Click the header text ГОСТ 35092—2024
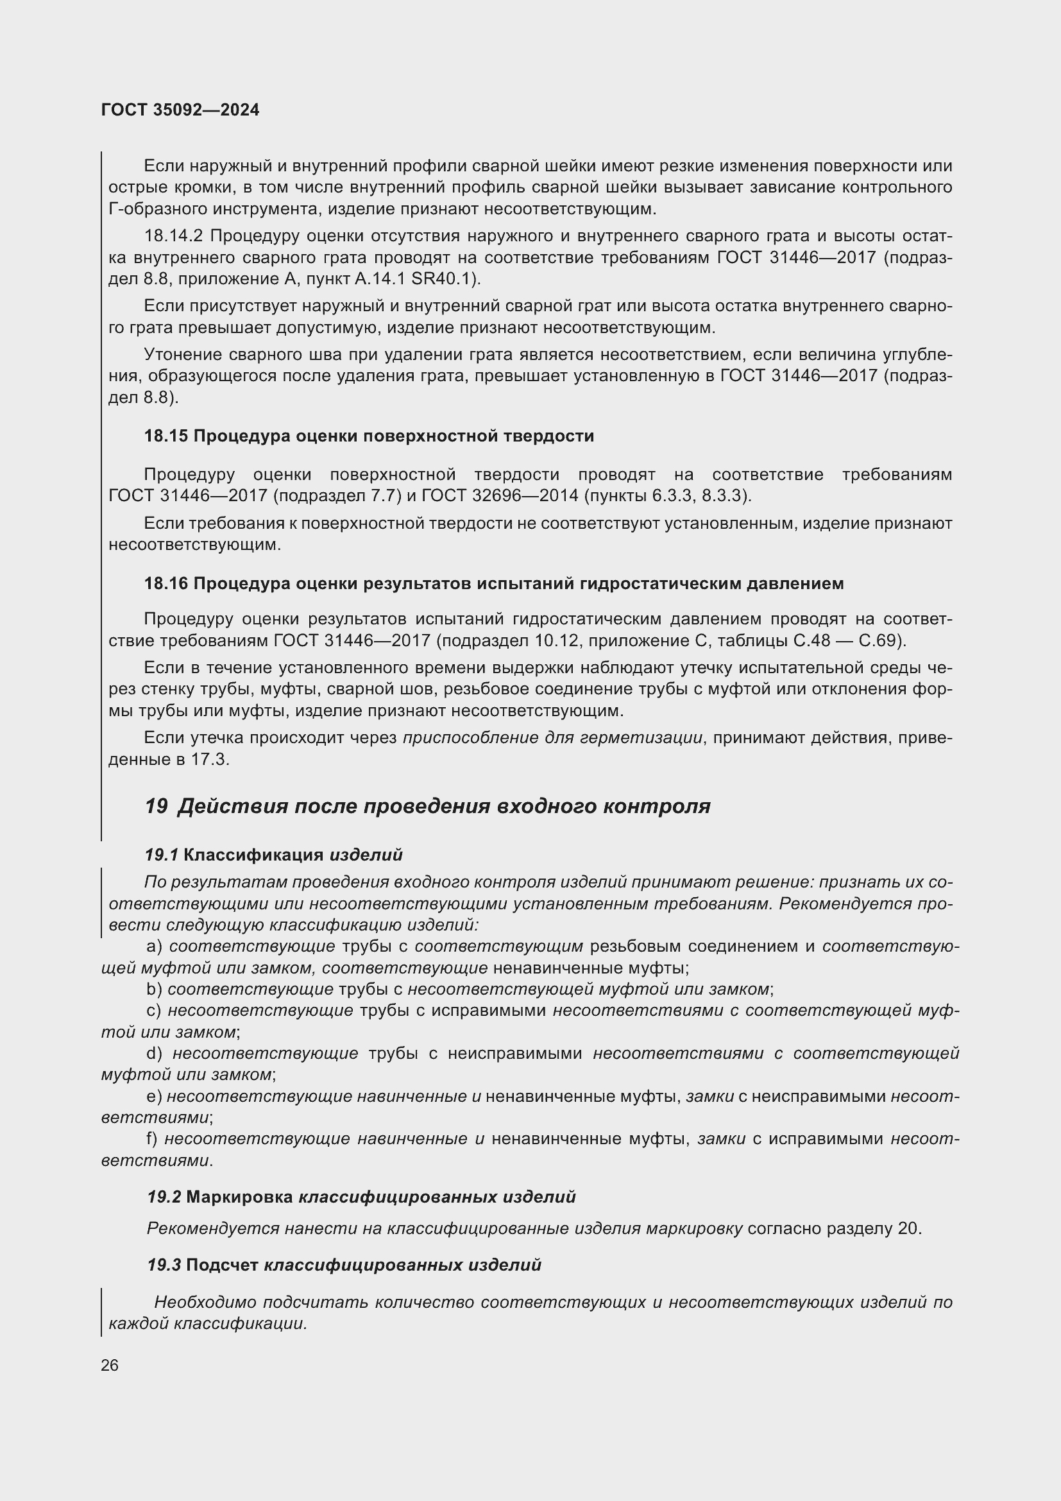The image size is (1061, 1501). pyautogui.click(x=180, y=110)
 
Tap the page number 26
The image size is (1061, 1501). pyautogui.click(x=110, y=1365)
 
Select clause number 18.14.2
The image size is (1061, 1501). pyautogui.click(x=174, y=236)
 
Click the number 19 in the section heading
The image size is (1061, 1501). pyautogui.click(x=157, y=806)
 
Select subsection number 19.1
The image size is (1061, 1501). pyautogui.click(x=162, y=854)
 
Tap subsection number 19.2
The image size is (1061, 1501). pyautogui.click(x=164, y=1197)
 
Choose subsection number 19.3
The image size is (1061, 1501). pyautogui.click(x=164, y=1265)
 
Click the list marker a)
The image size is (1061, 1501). pyautogui.click(x=155, y=946)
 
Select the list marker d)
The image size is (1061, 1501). pyautogui.click(x=155, y=1053)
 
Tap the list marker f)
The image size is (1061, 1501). pyautogui.click(x=153, y=1139)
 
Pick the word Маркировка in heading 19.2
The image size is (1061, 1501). pyautogui.click(x=240, y=1197)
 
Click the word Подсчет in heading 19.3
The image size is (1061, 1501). pyautogui.click(x=222, y=1265)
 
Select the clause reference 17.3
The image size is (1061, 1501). pyautogui.click(x=210, y=760)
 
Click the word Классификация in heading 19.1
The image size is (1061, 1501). pyautogui.click(x=253, y=854)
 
